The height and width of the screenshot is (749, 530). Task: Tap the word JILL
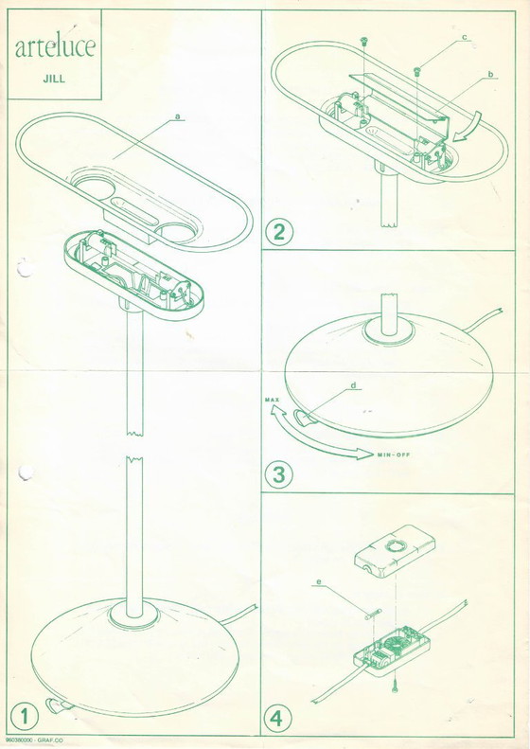tap(53, 80)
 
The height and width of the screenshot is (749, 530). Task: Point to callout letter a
tap(177, 117)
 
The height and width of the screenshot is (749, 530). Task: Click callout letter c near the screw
tap(465, 37)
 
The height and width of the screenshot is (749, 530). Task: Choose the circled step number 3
tap(279, 473)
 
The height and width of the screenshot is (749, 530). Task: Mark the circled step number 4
tap(279, 717)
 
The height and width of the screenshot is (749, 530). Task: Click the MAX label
tap(270, 401)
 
